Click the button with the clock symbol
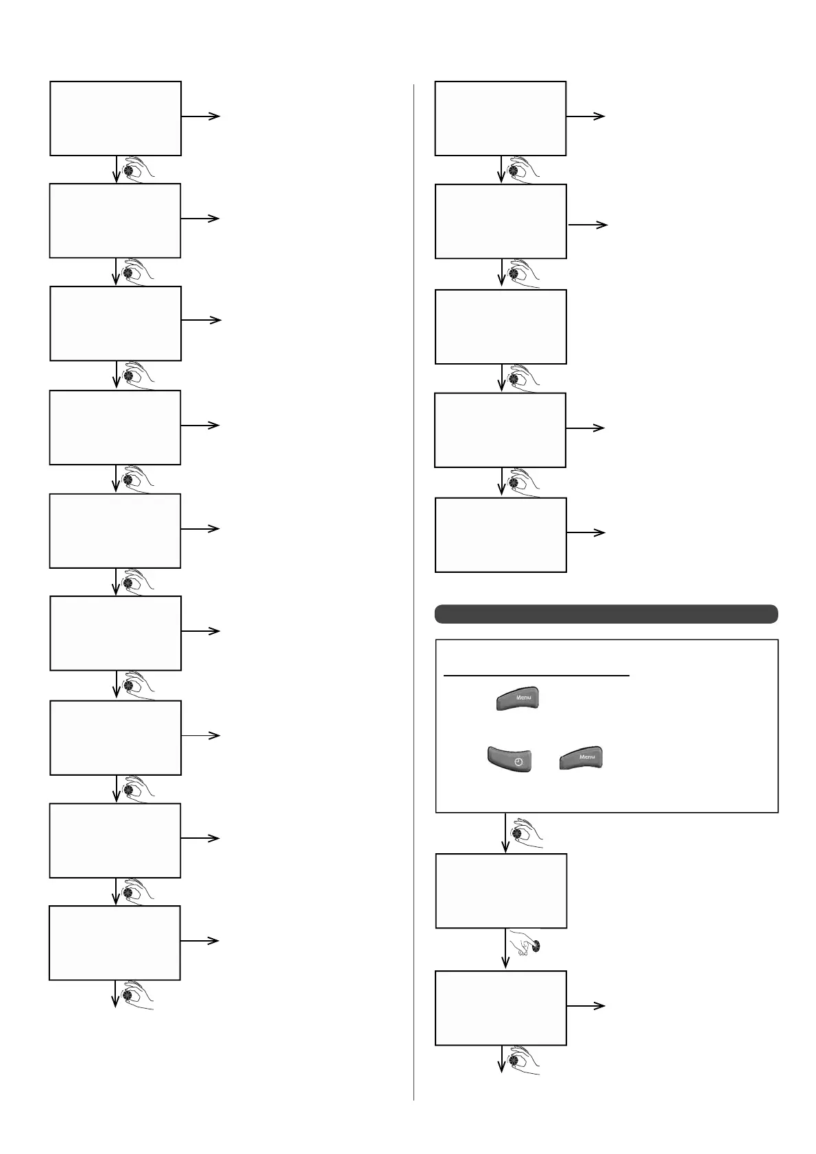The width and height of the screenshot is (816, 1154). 509,759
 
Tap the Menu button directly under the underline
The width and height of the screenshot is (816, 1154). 517,699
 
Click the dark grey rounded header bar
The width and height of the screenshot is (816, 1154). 606,614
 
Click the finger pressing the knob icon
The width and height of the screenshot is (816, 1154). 529,946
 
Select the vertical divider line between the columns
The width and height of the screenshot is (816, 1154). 414,589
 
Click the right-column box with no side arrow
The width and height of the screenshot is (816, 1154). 501,326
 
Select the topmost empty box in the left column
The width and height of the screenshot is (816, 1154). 115,118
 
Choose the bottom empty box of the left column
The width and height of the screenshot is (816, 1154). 115,942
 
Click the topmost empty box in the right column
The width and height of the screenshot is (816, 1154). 501,118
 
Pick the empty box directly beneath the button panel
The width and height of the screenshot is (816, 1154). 501,891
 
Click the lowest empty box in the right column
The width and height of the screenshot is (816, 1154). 501,1007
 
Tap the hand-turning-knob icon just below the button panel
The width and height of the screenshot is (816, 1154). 527,833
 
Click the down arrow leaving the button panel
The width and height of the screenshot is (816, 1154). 506,832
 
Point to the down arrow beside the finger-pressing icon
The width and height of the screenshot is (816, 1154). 506,948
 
